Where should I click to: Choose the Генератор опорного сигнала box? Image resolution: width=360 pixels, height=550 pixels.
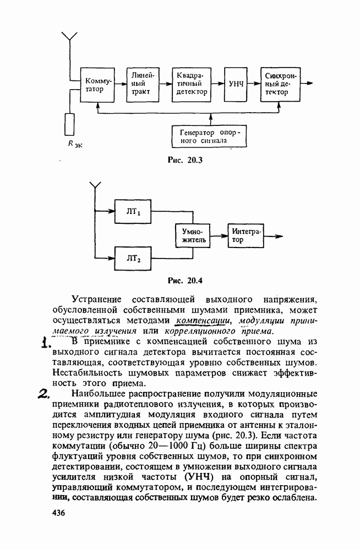tap(208, 136)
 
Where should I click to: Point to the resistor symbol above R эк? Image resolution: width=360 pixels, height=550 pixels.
tap(69, 124)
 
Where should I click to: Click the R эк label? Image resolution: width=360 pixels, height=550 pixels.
tap(74, 145)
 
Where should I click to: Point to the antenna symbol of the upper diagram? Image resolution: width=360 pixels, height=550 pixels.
tap(68, 37)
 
